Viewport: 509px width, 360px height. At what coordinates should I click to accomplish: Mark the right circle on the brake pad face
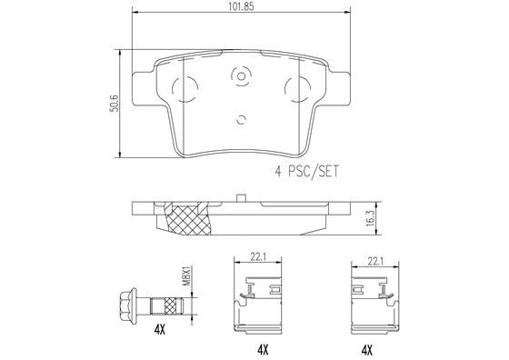297,88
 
